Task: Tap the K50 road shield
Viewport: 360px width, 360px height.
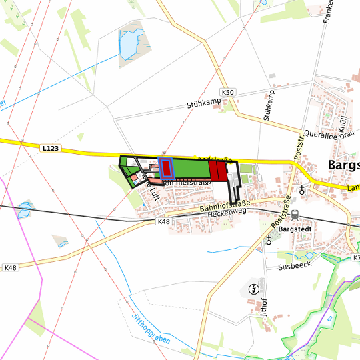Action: point(228,92)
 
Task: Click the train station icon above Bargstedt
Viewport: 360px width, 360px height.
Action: point(294,215)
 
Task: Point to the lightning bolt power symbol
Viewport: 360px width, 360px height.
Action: point(254,289)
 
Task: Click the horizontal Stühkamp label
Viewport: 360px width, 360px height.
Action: point(203,103)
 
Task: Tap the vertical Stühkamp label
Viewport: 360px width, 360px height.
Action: point(269,105)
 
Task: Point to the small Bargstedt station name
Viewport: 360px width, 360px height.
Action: point(295,229)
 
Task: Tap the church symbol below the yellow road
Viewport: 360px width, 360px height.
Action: point(302,190)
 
